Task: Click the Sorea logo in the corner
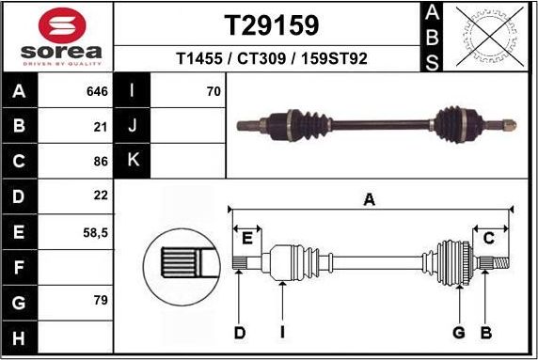(58, 36)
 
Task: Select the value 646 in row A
(98, 91)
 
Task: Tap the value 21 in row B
(102, 125)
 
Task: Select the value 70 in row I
(214, 91)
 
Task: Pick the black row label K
(133, 160)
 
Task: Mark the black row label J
(133, 125)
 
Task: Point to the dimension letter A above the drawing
(369, 198)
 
